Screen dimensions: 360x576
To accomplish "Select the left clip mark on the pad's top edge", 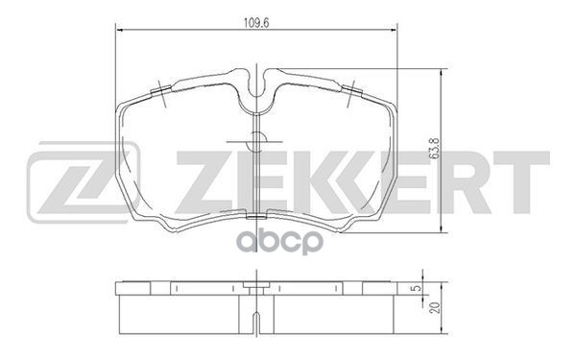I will pos(160,93).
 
